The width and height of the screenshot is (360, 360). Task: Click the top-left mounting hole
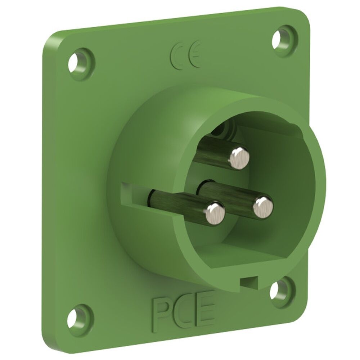point(75,62)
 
